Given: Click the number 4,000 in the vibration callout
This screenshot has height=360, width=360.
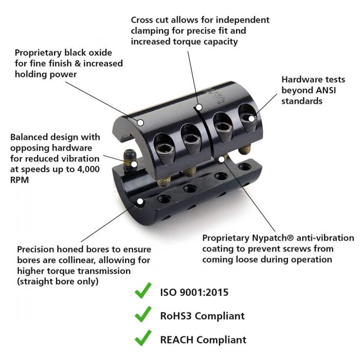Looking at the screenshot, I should (x=88, y=169).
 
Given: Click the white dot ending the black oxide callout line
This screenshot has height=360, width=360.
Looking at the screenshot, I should (x=140, y=122).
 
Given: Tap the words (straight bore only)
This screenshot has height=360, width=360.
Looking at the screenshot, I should (x=58, y=281).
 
